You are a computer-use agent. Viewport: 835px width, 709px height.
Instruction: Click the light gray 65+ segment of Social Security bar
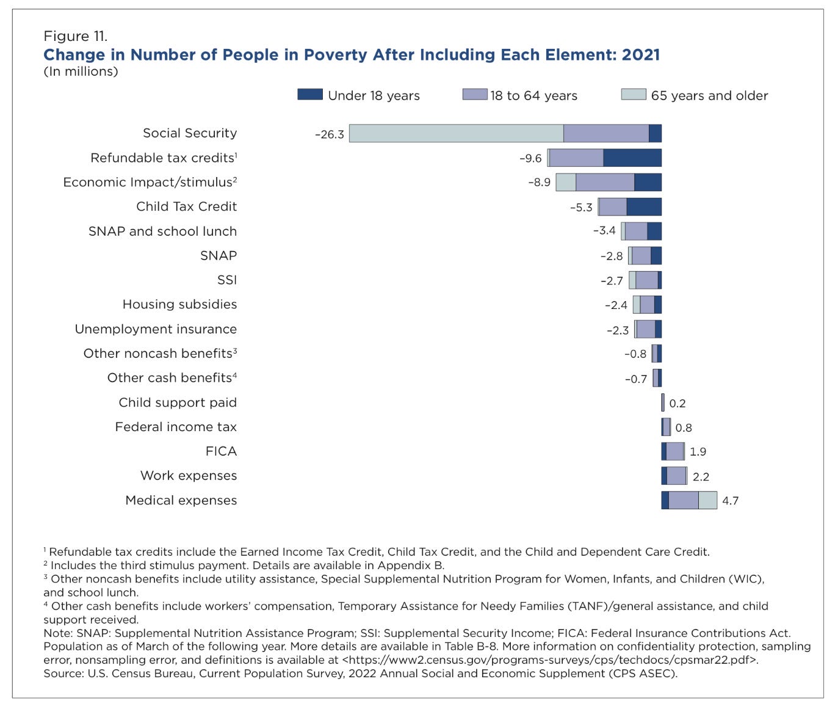(456, 134)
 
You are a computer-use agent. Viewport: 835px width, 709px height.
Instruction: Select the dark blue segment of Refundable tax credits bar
(632, 158)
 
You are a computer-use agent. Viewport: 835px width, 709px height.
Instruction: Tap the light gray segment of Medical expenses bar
(707, 501)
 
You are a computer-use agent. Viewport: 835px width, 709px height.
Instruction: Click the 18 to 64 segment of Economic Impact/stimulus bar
(605, 183)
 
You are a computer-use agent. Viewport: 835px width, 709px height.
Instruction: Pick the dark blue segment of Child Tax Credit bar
(643, 207)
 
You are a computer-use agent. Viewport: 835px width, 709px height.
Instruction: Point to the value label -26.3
(330, 134)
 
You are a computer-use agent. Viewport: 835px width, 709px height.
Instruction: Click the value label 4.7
(730, 501)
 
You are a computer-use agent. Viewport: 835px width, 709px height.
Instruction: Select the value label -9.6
(530, 159)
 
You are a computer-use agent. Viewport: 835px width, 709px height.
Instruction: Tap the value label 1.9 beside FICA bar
(698, 452)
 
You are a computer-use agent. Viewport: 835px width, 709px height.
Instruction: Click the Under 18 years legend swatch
(310, 95)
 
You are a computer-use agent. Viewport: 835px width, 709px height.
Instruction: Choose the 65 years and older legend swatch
(633, 95)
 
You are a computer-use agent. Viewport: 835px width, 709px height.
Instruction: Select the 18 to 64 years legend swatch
(475, 95)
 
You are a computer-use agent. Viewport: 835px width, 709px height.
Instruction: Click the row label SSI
(226, 280)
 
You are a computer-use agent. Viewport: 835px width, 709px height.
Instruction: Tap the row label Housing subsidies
(179, 305)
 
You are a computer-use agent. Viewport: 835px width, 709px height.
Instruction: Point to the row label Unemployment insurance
(156, 329)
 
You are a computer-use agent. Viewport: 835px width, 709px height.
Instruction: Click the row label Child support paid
(178, 403)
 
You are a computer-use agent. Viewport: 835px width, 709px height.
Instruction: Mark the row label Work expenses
(189, 476)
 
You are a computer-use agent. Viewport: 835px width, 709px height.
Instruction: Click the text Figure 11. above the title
(75, 37)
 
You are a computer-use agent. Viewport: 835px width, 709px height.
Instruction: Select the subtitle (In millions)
(81, 71)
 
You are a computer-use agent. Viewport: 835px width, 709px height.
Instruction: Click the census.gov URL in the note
(550, 660)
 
